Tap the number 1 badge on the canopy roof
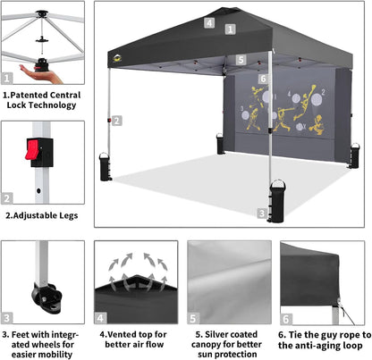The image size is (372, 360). point(231,29)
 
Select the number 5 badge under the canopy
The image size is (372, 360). point(241,60)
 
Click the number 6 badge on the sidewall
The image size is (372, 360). point(263,79)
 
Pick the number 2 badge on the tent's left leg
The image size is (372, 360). point(117,120)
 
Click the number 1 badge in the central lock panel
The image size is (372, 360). point(8,79)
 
